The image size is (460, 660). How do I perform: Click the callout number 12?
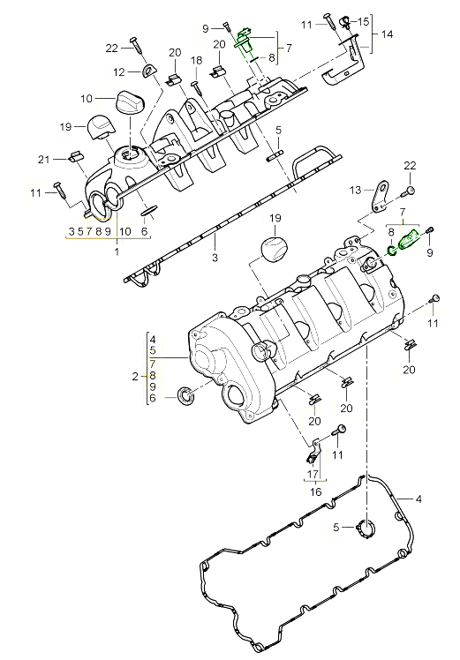click(x=118, y=71)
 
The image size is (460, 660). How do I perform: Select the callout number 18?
click(x=197, y=60)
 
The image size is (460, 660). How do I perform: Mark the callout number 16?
click(x=314, y=491)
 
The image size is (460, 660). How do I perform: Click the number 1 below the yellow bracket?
click(x=116, y=251)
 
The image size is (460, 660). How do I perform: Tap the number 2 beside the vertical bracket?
click(x=135, y=377)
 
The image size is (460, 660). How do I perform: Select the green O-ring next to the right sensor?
click(x=392, y=251)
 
